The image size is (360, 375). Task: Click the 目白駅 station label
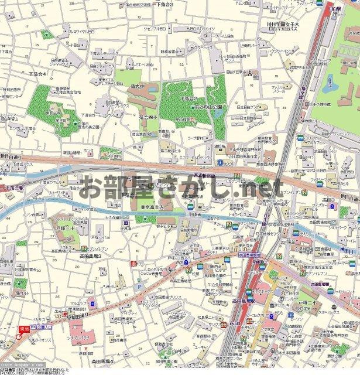tap(335, 10)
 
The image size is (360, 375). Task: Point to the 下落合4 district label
tap(37, 73)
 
